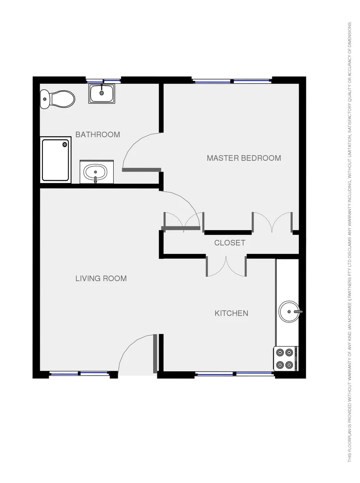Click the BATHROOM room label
point(97,134)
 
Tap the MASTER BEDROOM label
point(244,158)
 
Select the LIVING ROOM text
point(101,278)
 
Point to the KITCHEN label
point(231,313)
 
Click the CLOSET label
point(229,243)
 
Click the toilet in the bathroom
point(57,99)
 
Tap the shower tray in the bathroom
point(56,160)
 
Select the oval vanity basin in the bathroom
point(96,171)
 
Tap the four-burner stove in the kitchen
point(285,359)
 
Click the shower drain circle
point(65,144)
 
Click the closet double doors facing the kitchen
point(226,266)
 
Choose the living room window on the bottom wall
point(79,373)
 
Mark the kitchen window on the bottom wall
point(234,373)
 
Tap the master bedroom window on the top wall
point(232,81)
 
